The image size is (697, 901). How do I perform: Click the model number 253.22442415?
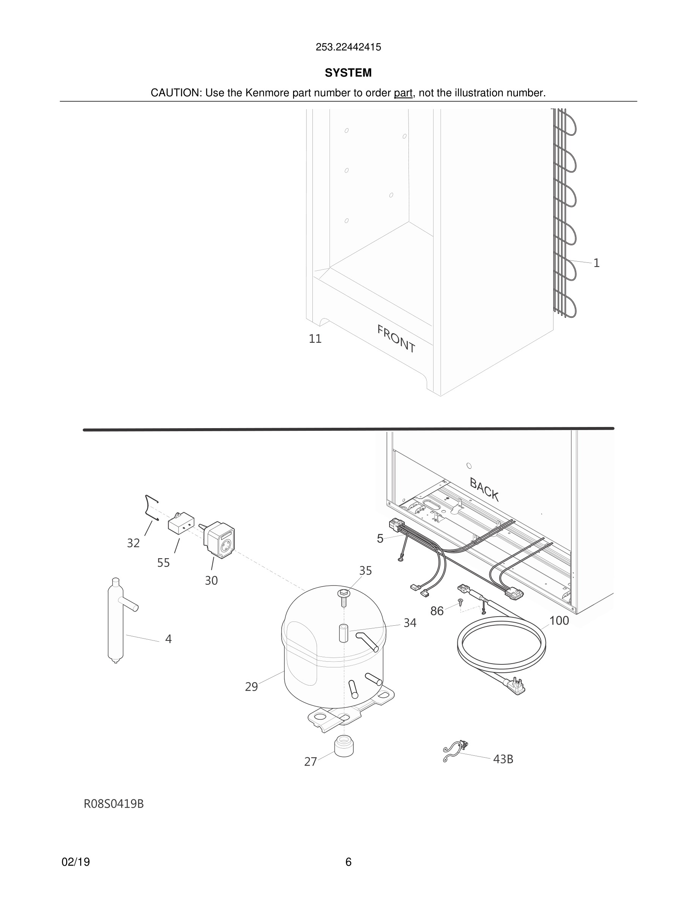[x=348, y=47]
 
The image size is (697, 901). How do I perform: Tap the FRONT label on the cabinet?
[x=396, y=339]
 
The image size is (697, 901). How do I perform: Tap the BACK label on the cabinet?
[x=484, y=489]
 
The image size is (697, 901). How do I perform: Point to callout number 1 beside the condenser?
[x=596, y=263]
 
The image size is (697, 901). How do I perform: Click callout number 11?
[x=315, y=339]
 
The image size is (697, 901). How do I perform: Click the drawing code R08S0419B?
[x=114, y=804]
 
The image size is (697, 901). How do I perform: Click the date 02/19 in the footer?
[x=76, y=862]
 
